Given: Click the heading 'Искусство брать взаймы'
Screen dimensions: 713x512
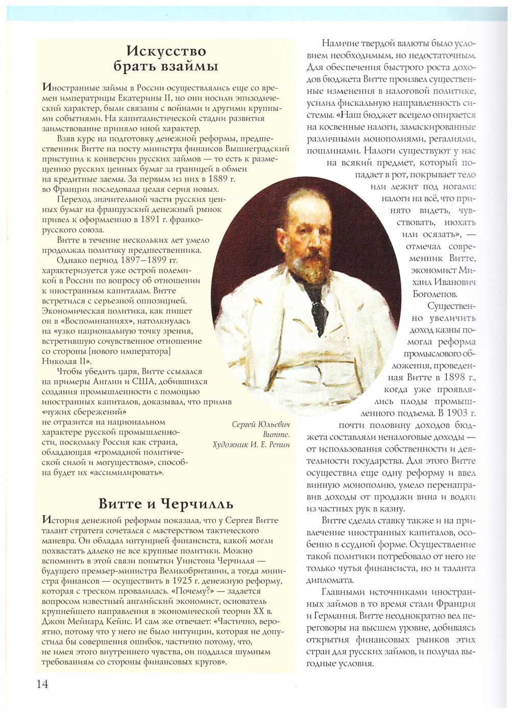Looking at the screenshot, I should point(166,59).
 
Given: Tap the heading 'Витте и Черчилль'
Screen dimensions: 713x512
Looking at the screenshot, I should point(166,504).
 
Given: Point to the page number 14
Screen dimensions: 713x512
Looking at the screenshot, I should point(42,684).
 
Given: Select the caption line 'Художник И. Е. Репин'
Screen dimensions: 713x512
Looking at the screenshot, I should point(251,445).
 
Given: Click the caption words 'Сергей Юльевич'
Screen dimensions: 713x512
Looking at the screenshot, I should point(260,424).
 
